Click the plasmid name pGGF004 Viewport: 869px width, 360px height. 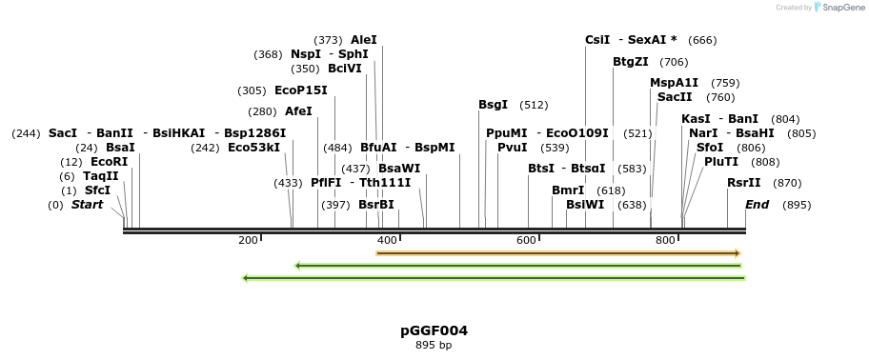(x=434, y=330)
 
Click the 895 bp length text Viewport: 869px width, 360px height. (x=434, y=345)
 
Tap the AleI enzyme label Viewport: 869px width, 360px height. (x=364, y=40)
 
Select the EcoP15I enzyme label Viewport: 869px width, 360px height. (x=300, y=90)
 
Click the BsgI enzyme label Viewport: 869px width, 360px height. (x=493, y=105)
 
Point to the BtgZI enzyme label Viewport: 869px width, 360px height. (x=630, y=62)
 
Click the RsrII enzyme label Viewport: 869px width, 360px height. (x=743, y=182)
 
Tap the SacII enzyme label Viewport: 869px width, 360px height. (x=675, y=97)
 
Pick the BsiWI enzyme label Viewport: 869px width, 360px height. (x=585, y=204)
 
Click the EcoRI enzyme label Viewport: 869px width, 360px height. (x=109, y=162)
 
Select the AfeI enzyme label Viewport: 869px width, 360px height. (x=298, y=111)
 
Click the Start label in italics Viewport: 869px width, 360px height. (x=87, y=204)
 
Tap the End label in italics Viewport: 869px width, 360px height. (x=758, y=204)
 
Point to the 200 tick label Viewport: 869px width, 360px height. (x=248, y=240)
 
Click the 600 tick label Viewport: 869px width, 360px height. (x=527, y=240)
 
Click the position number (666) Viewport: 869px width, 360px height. (x=702, y=40)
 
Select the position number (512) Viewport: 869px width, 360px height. (x=534, y=105)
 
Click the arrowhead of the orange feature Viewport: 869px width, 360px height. (x=737, y=252)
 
